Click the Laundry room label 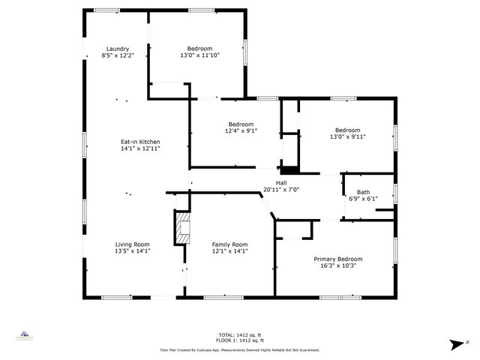(118, 49)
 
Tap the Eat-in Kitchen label (140, 142)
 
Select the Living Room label (132, 244)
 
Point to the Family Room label (229, 244)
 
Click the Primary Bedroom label (337, 259)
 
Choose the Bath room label (363, 192)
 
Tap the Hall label (281, 182)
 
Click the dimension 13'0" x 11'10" (199, 55)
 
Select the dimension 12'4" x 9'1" (241, 130)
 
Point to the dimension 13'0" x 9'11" (347, 136)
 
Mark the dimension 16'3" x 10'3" (337, 265)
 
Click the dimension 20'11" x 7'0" (281, 190)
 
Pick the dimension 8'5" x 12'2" (118, 55)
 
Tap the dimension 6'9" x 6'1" (363, 199)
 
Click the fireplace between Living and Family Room (182, 228)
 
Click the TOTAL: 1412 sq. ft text (240, 334)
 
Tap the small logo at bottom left (25, 335)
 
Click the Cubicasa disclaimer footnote (240, 349)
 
